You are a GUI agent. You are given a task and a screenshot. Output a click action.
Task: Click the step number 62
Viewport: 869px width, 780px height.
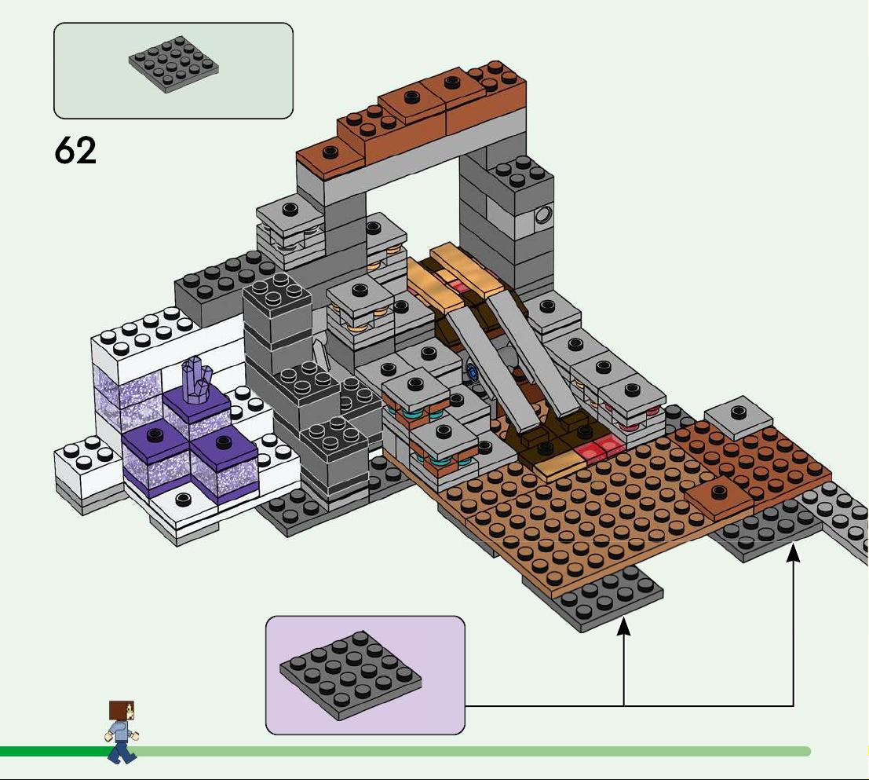coord(75,150)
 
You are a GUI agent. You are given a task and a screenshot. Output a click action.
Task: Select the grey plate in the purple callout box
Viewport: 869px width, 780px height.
coord(350,676)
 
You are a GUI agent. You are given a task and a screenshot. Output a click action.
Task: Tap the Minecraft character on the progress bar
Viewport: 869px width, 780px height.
coord(122,731)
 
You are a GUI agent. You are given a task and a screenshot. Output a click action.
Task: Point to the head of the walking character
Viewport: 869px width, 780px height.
coord(122,711)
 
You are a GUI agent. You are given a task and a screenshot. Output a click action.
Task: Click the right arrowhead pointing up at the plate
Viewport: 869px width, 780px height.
coord(794,553)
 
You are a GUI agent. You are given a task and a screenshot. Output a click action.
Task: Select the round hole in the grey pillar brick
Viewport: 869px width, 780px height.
coord(542,214)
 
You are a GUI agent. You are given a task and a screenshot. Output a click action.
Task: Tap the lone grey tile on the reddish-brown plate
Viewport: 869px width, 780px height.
coord(738,415)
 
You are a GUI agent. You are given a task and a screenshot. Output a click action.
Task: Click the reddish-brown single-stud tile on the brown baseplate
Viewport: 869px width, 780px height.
coord(719,496)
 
